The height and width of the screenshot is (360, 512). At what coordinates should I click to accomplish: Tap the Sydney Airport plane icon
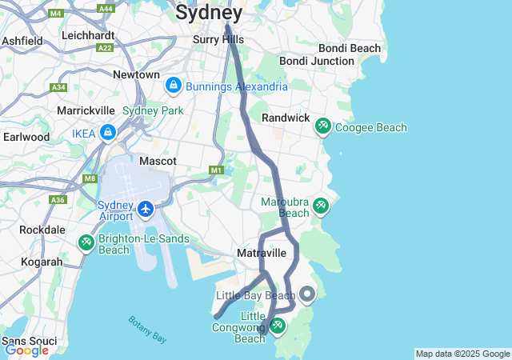pos(146,210)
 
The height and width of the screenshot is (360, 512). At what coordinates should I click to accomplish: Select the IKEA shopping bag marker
pos(108,133)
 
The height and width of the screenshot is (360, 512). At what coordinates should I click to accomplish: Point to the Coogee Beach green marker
pos(323,126)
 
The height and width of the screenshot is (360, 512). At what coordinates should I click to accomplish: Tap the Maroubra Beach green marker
pos(320,206)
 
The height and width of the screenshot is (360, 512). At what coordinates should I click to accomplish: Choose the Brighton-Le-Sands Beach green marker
pos(86,242)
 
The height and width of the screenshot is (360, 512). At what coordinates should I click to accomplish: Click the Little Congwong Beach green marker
pos(278,326)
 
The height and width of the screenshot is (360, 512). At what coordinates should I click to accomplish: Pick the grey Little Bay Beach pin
pos(307,294)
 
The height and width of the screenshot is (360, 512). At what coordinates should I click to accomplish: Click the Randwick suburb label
pos(286,118)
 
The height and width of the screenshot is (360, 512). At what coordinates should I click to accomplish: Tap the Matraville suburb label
pos(261,253)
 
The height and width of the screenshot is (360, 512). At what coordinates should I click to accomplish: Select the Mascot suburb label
pos(158,161)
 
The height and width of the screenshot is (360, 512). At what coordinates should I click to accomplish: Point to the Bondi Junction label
pos(316,61)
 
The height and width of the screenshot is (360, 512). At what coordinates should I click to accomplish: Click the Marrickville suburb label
pos(86,110)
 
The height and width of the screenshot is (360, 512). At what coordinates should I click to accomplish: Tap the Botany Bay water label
pos(147,330)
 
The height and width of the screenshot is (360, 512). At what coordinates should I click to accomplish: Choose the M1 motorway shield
pos(215,170)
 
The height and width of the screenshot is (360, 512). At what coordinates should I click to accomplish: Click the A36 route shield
pos(58,200)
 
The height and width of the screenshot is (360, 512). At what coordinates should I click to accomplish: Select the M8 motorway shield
pos(89,179)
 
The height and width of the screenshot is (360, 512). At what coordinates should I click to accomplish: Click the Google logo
pos(26,350)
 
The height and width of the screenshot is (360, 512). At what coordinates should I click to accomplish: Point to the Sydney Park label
pos(153,110)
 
